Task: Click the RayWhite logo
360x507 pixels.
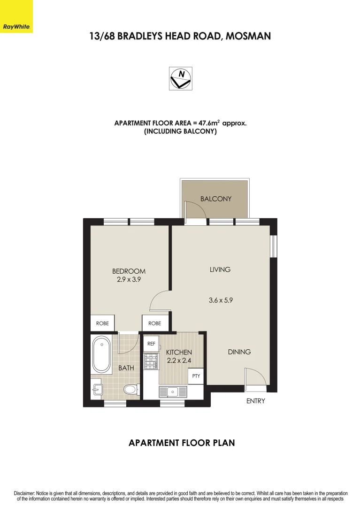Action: point(16,16)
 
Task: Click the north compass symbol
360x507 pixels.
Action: point(180,78)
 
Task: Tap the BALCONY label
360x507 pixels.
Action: point(216,199)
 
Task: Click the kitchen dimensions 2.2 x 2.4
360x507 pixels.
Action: point(179,361)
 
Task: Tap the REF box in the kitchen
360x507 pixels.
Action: point(151,344)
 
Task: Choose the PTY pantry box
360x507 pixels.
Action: point(196,376)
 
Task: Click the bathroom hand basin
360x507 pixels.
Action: point(97,389)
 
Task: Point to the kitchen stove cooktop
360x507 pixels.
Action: point(151,361)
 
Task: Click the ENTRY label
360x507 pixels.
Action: point(256,401)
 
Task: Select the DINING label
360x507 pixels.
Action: point(239,352)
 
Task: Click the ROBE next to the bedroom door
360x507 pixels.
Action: point(154,323)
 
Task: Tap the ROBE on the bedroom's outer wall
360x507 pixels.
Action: point(102,323)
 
